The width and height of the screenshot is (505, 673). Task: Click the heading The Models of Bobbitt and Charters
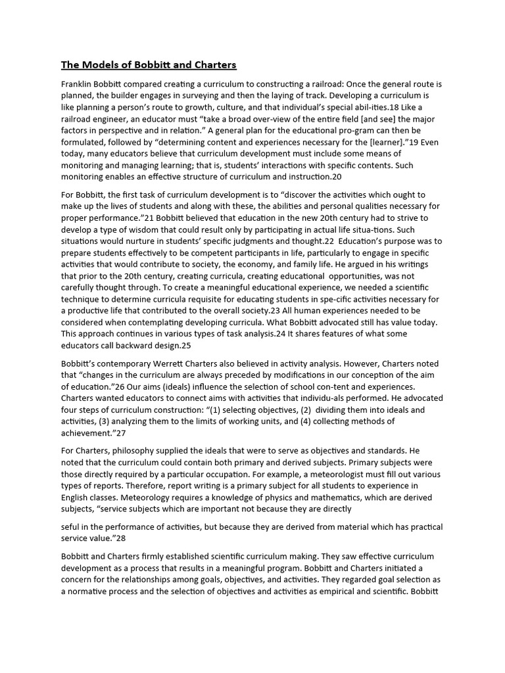pos(149,64)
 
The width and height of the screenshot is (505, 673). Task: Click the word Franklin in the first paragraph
pos(78,85)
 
